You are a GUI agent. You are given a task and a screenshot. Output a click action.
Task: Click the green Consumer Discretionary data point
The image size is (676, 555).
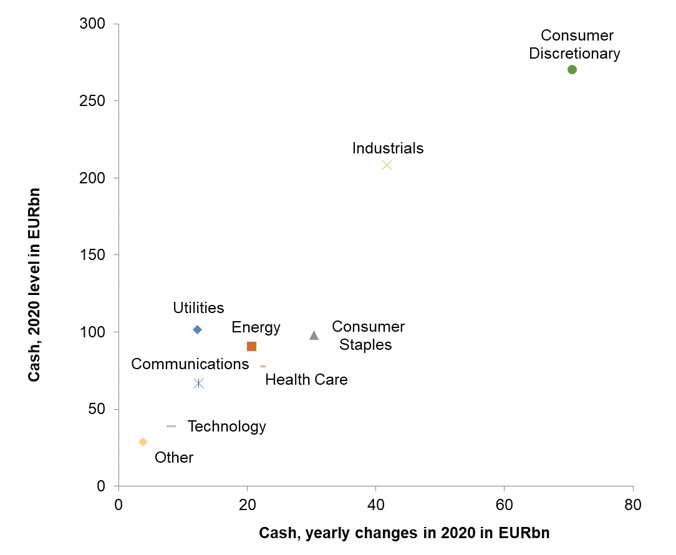(572, 70)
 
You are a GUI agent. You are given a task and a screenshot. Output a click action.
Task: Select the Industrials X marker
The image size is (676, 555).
(387, 165)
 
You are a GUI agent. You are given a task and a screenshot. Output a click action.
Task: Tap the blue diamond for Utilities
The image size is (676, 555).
(197, 329)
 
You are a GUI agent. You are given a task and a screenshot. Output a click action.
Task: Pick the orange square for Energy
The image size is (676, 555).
(251, 347)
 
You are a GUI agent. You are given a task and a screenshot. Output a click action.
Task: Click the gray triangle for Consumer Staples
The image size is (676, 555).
(314, 335)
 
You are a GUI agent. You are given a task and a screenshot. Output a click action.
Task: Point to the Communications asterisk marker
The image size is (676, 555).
(198, 384)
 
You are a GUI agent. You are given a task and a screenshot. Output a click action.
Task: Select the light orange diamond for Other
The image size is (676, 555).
(143, 442)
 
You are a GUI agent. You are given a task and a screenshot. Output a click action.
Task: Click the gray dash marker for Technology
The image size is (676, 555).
(171, 426)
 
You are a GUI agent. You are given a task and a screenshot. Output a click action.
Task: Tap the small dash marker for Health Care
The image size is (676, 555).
(263, 366)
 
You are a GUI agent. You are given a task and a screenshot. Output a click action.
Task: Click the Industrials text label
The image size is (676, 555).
(388, 148)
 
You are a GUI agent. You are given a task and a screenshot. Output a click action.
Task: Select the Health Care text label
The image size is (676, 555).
(306, 379)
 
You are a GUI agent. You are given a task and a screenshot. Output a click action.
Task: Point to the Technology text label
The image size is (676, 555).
(226, 427)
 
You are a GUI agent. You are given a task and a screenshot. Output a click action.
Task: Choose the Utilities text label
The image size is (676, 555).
(198, 308)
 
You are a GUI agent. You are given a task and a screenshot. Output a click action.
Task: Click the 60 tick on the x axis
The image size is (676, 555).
(504, 504)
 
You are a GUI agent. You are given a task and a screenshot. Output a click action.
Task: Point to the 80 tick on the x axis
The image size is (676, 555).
(632, 504)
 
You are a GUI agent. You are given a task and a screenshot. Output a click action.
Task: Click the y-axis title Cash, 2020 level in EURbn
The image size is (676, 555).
(35, 284)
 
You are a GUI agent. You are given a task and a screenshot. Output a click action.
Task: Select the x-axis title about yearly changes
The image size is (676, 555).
(405, 533)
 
